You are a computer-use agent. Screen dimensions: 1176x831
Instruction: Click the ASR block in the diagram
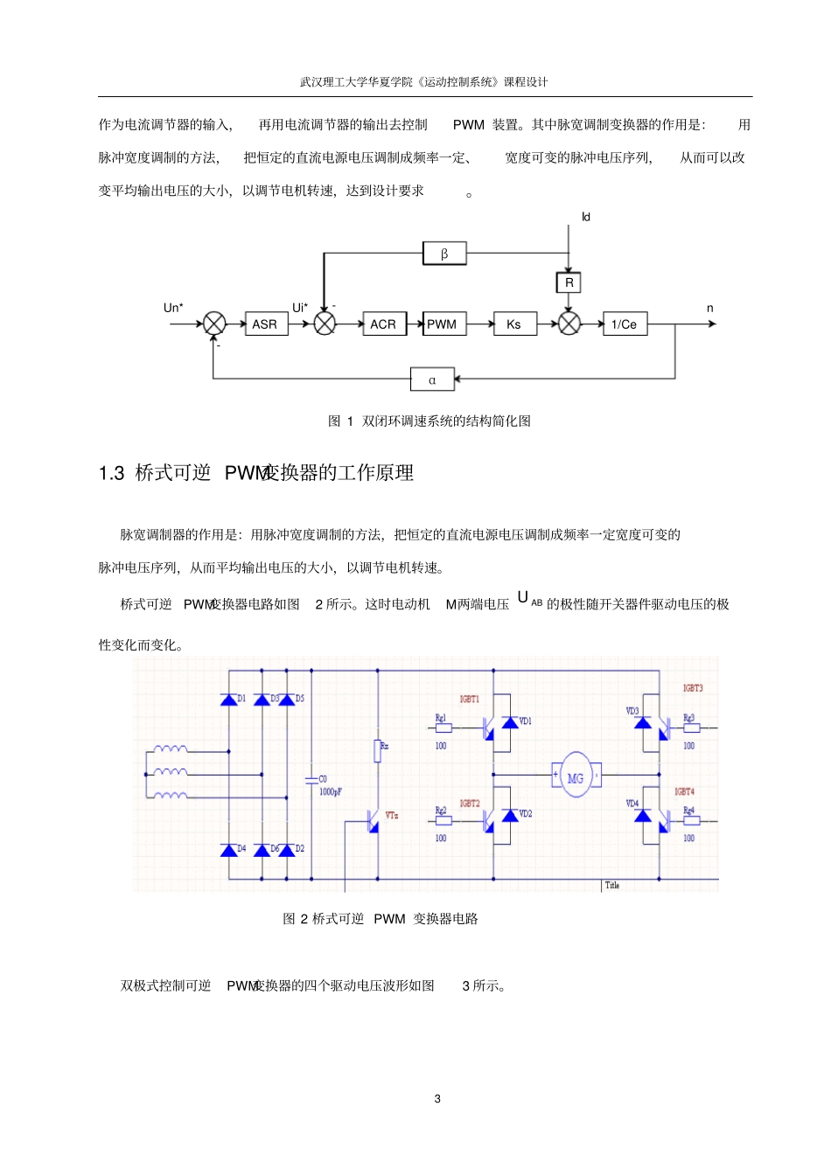pyautogui.click(x=265, y=324)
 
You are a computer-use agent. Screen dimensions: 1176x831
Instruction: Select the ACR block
pyautogui.click(x=383, y=324)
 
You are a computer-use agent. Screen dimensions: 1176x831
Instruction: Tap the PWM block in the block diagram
pyautogui.click(x=443, y=324)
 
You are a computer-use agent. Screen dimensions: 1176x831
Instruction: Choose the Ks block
pyautogui.click(x=514, y=324)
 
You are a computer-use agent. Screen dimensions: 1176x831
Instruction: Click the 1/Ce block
pyautogui.click(x=625, y=324)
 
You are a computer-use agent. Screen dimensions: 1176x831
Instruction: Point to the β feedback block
pyautogui.click(x=444, y=254)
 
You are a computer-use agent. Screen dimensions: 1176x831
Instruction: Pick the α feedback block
pyautogui.click(x=432, y=379)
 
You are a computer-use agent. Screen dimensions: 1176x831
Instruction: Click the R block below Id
pyautogui.click(x=569, y=282)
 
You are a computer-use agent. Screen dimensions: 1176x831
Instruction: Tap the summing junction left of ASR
pyautogui.click(x=214, y=324)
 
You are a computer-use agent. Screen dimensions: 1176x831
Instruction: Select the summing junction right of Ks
pyautogui.click(x=569, y=324)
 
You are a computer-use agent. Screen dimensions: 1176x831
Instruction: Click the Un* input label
pyautogui.click(x=173, y=308)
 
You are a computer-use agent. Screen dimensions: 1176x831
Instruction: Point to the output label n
pyautogui.click(x=709, y=309)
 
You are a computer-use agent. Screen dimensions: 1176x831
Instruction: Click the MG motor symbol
pyautogui.click(x=575, y=776)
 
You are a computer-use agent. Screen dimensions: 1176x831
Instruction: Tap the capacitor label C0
pyautogui.click(x=323, y=778)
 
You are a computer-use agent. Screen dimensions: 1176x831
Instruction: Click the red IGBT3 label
pyautogui.click(x=693, y=688)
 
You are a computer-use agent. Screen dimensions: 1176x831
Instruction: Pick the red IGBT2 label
pyautogui.click(x=470, y=803)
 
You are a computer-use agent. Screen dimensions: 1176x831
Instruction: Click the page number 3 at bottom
pyautogui.click(x=437, y=1099)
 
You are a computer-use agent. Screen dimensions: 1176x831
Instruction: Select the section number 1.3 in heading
pyautogui.click(x=112, y=473)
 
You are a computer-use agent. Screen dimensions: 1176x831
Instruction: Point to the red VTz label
pyautogui.click(x=391, y=815)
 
